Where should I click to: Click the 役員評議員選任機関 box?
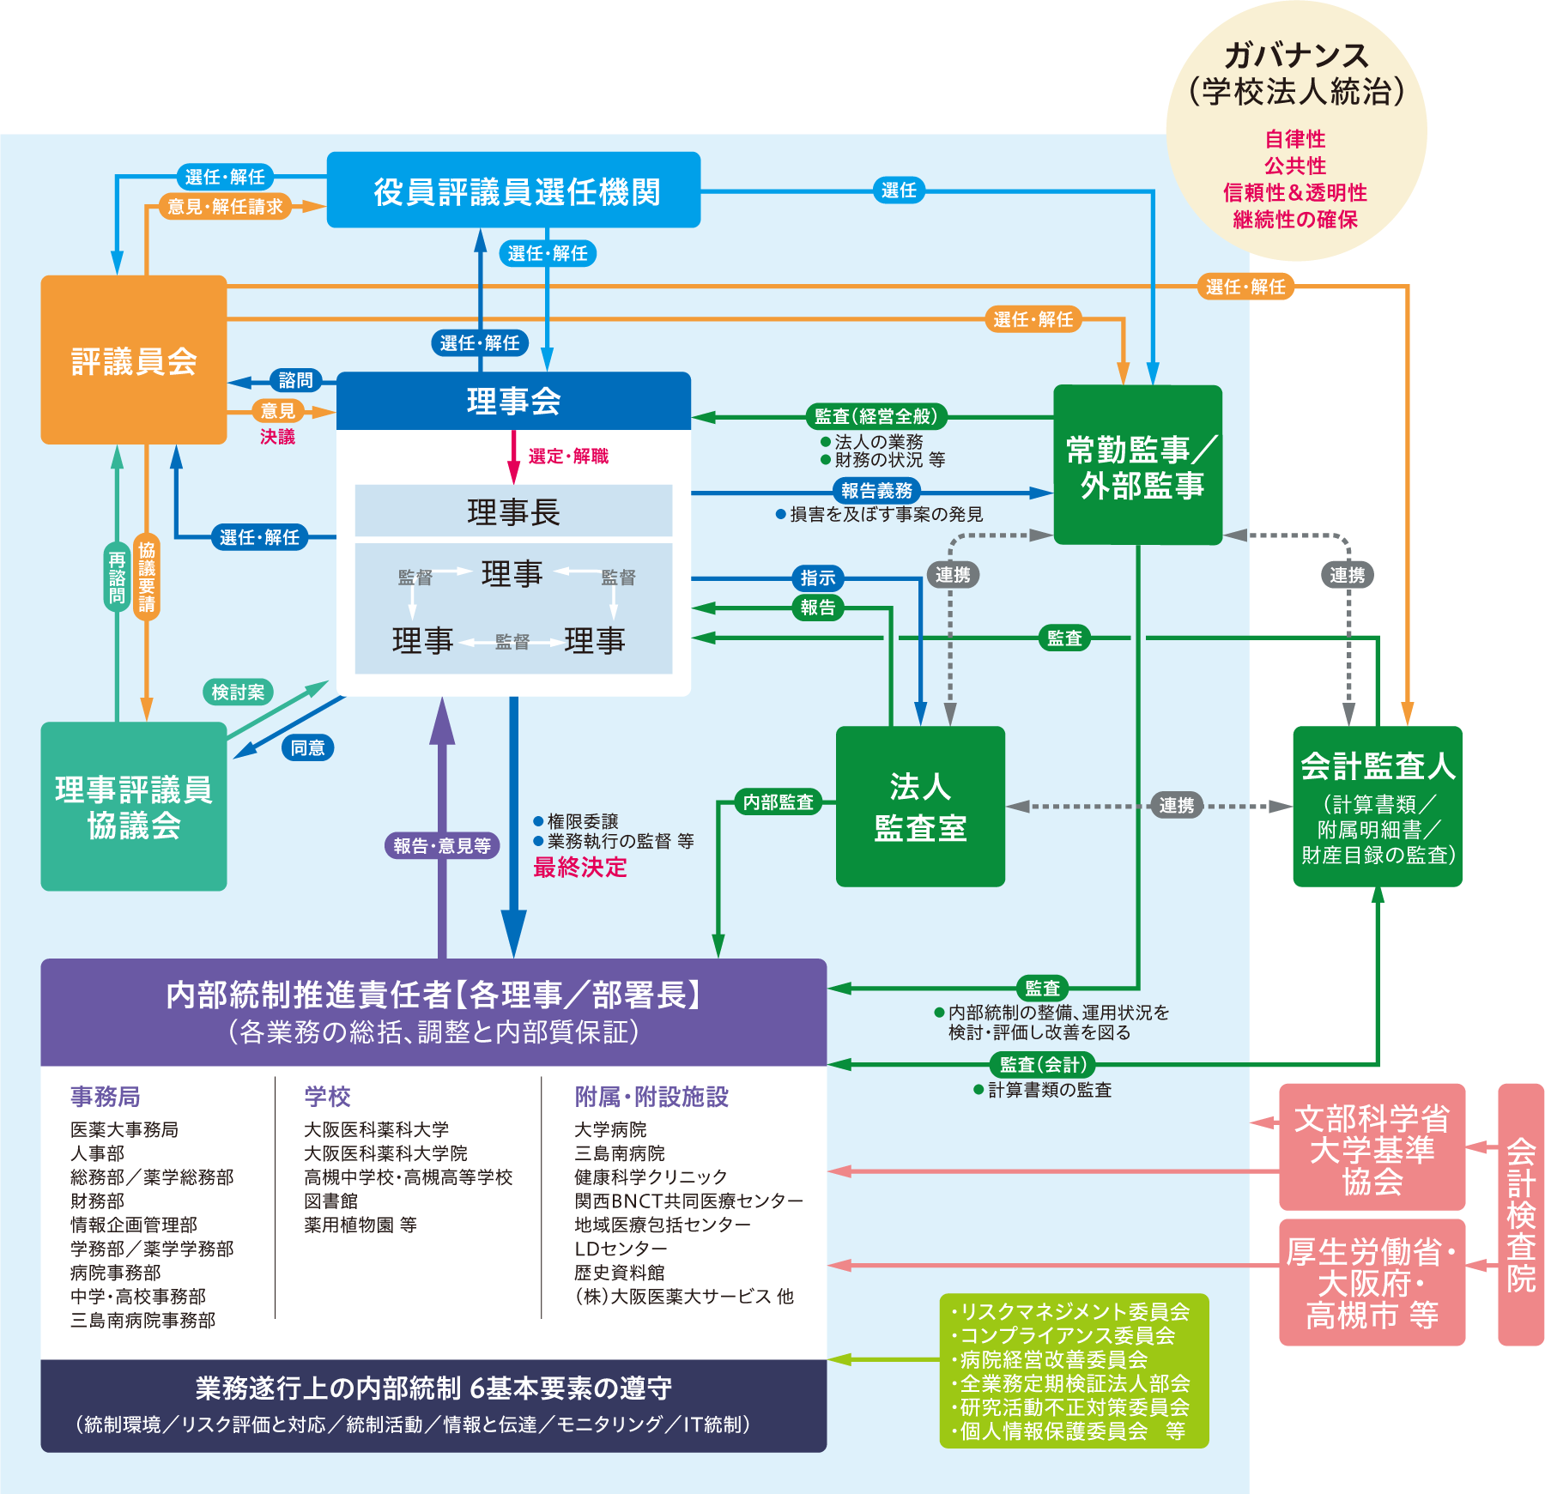click(513, 191)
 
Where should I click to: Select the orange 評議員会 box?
click(134, 360)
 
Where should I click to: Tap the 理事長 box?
click(513, 511)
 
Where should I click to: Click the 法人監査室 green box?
click(920, 807)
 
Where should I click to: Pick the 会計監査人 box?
click(1377, 807)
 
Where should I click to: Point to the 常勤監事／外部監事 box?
click(1138, 465)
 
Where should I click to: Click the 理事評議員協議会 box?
click(134, 807)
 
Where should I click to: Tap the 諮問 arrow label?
click(295, 380)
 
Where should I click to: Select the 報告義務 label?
click(876, 491)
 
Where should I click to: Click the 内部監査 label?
click(778, 802)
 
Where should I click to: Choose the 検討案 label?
click(238, 693)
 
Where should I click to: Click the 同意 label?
click(307, 748)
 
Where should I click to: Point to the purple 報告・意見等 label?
click(442, 846)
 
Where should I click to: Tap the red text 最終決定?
click(580, 868)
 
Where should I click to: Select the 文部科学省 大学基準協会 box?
click(1372, 1148)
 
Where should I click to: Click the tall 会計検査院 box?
click(1521, 1214)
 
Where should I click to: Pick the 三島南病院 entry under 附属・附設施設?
click(620, 1153)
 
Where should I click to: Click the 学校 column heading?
click(327, 1097)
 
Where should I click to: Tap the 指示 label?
click(817, 578)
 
